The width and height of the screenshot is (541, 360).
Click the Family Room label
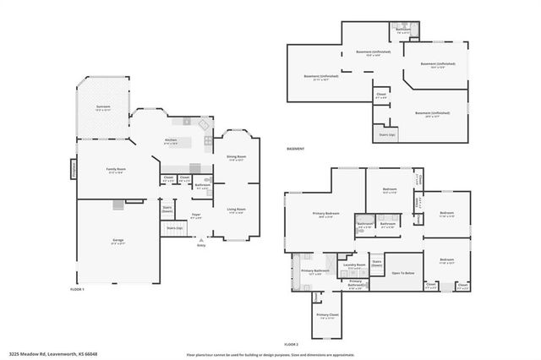coord(115,170)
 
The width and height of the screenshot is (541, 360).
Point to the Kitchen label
coord(171,140)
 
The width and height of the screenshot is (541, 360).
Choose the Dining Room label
coord(236,157)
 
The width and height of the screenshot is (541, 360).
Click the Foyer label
coord(195,212)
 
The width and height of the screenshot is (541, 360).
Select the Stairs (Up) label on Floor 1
coord(174,228)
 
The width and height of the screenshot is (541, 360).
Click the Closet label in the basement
coord(381,95)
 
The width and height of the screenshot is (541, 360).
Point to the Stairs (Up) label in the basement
coord(386,134)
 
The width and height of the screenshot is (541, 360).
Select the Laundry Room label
coord(354,265)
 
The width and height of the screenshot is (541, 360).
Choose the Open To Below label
coord(402,273)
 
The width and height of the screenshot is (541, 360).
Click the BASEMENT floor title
coord(295,149)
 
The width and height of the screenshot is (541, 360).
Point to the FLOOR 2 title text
coord(292,346)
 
